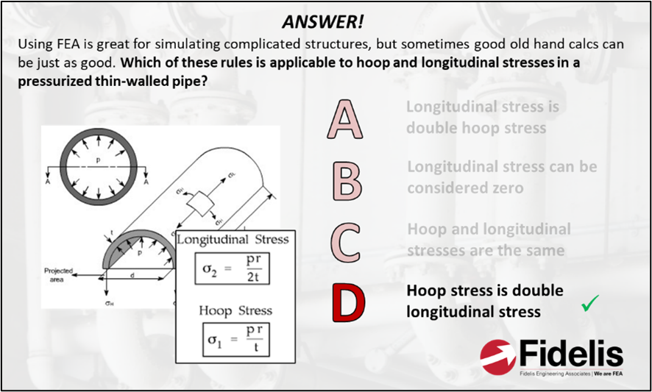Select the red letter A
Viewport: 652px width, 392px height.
point(345,120)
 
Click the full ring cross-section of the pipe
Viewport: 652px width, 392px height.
point(99,163)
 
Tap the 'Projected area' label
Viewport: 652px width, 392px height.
point(59,274)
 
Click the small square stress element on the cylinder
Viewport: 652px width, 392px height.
point(199,202)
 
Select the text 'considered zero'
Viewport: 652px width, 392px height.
point(465,188)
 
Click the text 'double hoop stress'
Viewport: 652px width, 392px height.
point(475,128)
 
